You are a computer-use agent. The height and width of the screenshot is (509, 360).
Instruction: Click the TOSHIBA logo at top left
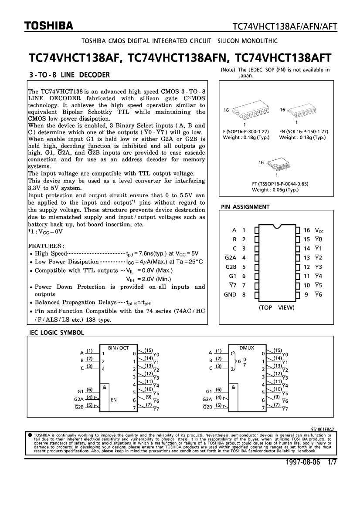pos(48,27)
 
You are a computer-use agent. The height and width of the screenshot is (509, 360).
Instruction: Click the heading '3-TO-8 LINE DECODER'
pos(69,74)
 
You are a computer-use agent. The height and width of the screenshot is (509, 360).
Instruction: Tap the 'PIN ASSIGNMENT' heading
pos(245,207)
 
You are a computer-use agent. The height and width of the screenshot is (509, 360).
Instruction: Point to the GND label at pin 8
pos(230,294)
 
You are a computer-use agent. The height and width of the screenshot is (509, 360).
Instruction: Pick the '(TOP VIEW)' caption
pos(276,307)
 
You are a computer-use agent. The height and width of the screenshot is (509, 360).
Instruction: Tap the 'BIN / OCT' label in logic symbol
pos(118,347)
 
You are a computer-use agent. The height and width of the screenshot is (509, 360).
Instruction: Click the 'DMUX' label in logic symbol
pos(247,347)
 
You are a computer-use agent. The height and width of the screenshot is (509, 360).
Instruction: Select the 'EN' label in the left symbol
pos(113,399)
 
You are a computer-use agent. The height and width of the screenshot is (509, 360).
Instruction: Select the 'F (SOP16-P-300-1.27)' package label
pos(245,131)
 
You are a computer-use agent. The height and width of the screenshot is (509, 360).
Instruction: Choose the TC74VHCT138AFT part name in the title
pos(283,58)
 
